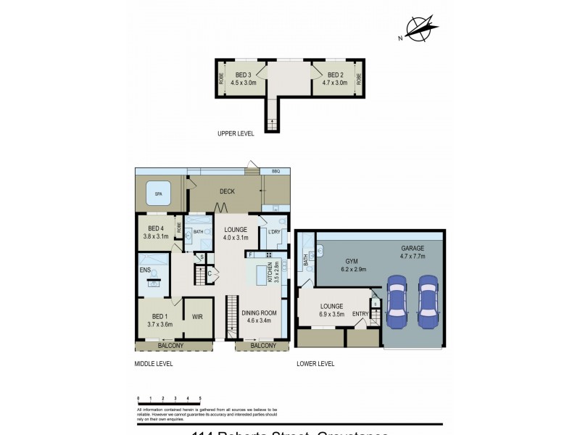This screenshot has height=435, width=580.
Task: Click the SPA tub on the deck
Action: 158,194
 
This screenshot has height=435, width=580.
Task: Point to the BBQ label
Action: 275,171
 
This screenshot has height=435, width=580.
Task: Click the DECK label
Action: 227,191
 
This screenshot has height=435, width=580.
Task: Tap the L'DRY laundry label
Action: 274,232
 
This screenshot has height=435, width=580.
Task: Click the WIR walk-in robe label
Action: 196,317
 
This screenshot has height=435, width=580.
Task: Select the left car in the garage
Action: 397,301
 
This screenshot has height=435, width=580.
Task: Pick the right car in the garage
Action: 428,301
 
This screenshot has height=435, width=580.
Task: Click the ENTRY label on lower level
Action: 360,313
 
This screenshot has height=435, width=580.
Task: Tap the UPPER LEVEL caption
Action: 236,134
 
